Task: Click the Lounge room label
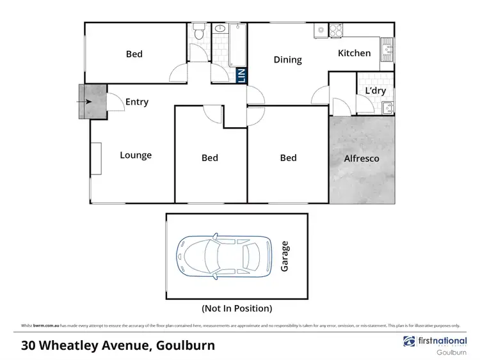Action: (136, 155)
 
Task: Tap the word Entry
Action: (137, 102)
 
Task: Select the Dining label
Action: (287, 59)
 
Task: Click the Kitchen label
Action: (354, 53)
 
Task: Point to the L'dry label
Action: (375, 91)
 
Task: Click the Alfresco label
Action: (362, 158)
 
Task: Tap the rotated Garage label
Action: (285, 256)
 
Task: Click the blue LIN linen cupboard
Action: (241, 75)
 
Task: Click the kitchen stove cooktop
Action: (335, 30)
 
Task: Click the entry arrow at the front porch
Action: (86, 101)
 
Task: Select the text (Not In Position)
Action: (237, 308)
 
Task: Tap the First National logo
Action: (435, 341)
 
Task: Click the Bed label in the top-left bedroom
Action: (134, 54)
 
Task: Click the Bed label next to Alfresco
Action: (289, 157)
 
